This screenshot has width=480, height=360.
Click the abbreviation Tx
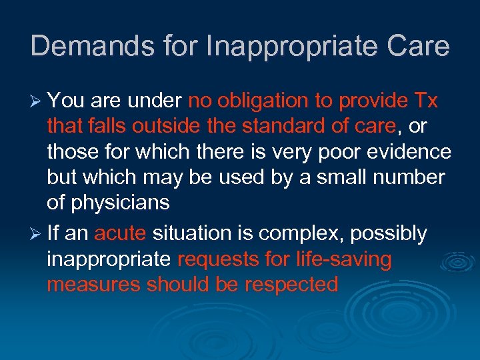(425, 101)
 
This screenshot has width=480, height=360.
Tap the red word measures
(94, 285)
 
